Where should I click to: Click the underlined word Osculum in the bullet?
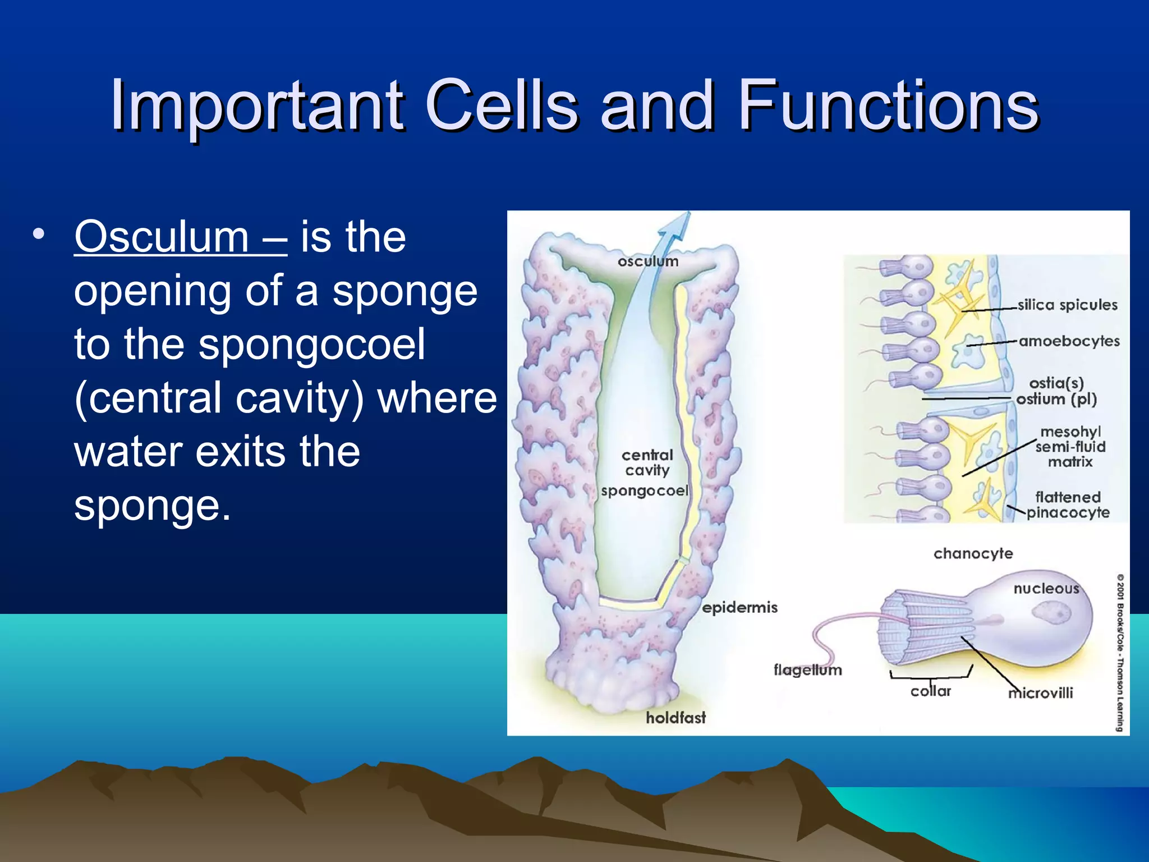(162, 237)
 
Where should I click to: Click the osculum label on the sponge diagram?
(648, 262)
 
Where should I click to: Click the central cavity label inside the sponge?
(647, 462)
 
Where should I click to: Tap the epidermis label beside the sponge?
(739, 607)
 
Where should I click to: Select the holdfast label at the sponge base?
(675, 717)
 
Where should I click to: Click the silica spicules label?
(1067, 305)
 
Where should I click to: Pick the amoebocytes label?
(1069, 341)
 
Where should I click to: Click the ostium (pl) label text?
(1056, 399)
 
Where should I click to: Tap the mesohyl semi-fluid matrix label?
(1070, 447)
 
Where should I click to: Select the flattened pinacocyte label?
(1068, 505)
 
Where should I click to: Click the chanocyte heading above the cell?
(973, 553)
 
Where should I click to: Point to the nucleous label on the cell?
(1046, 588)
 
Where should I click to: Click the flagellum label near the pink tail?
(807, 670)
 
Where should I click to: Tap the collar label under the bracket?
(930, 691)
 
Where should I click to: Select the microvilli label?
(1041, 693)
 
